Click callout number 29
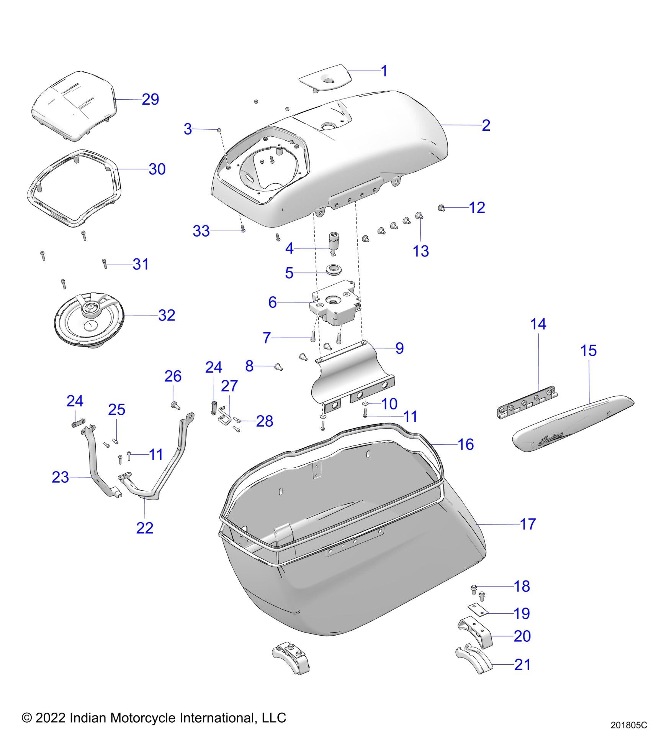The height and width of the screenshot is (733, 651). (150, 99)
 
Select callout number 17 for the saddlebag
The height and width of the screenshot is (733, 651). (528, 524)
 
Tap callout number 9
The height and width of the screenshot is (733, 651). (399, 348)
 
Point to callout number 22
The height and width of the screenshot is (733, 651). (145, 528)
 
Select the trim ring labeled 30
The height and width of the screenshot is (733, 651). (73, 188)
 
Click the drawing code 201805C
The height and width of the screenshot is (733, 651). (628, 725)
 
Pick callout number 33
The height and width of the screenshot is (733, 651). (201, 231)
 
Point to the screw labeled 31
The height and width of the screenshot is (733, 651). (105, 264)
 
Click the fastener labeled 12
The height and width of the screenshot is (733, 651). (441, 208)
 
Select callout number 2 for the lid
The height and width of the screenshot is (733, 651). (486, 125)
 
